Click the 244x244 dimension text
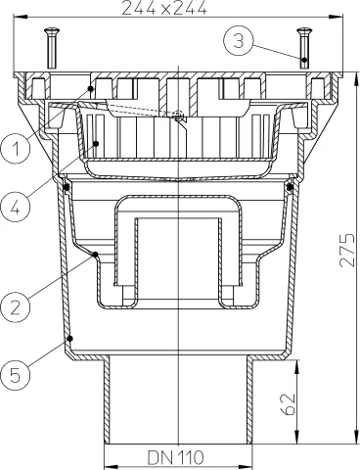pyautogui.click(x=164, y=7)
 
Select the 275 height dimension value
pyautogui.click(x=346, y=250)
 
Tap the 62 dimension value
pyautogui.click(x=289, y=404)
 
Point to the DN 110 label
pyautogui.click(x=175, y=457)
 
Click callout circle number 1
pyautogui.click(x=16, y=149)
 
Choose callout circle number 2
pyautogui.click(x=16, y=306)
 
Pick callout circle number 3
pyautogui.click(x=239, y=41)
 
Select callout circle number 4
pyautogui.click(x=16, y=207)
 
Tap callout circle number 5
pyautogui.click(x=16, y=375)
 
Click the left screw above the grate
pyautogui.click(x=53, y=48)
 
